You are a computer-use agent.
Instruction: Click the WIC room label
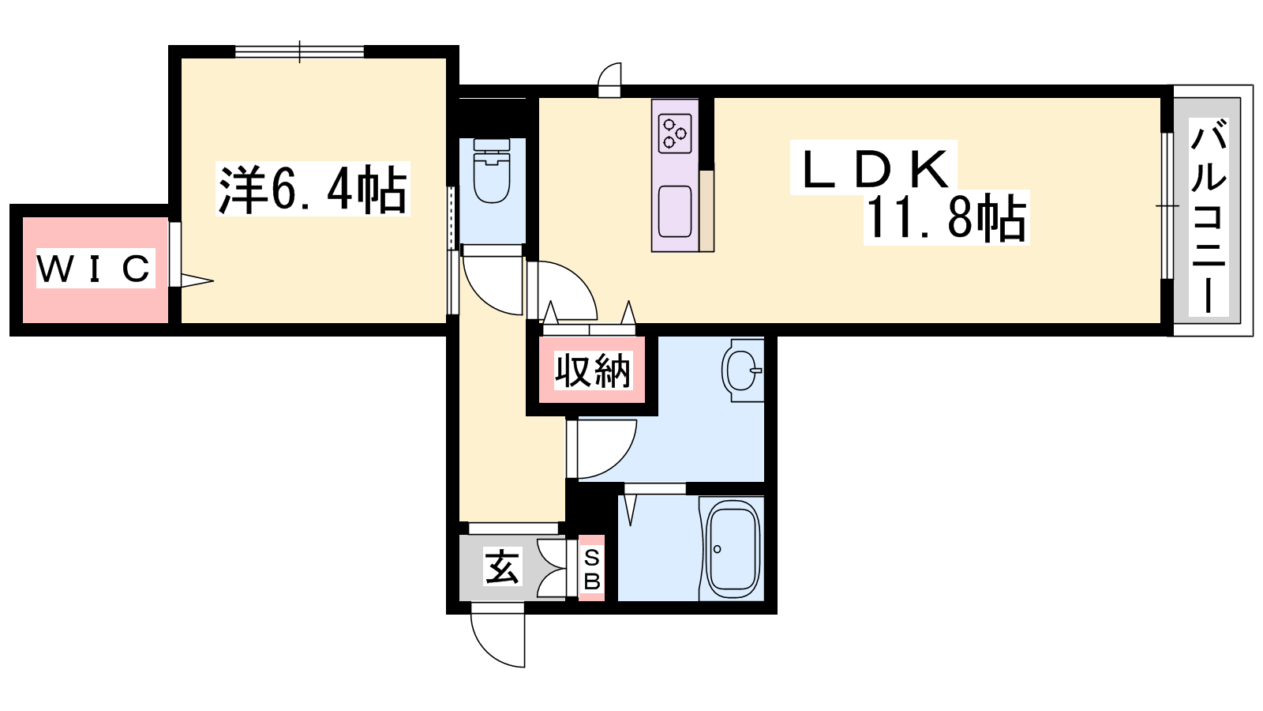coord(96,269)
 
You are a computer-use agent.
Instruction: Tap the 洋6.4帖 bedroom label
coord(313,189)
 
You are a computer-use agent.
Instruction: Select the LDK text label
coord(874,168)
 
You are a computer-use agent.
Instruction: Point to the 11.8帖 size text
coord(946,218)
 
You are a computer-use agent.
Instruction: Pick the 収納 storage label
coord(592,371)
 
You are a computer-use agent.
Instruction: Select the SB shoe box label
coord(591,570)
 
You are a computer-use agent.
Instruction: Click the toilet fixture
coord(493,171)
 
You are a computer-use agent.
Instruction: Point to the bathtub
coord(732,548)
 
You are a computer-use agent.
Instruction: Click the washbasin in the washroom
coord(742,371)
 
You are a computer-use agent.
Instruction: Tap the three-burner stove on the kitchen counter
coord(676,134)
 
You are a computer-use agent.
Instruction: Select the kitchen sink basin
coord(675,211)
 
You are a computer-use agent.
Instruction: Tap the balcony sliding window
coord(1167,205)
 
